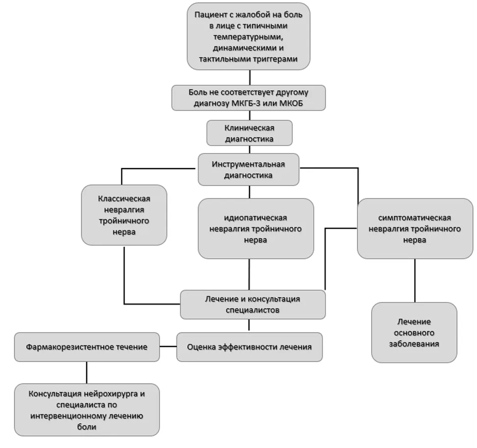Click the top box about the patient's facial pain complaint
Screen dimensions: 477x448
pos(249,36)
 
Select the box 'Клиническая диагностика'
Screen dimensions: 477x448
pos(250,133)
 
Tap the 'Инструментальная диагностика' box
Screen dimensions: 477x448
pos(249,170)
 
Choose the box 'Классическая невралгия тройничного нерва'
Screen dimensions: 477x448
pos(124,215)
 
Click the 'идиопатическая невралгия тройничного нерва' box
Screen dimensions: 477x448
pos(256,229)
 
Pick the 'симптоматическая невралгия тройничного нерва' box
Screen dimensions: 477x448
pos(415,229)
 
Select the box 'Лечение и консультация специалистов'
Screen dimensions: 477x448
pos(253,304)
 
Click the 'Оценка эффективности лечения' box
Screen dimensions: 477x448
pos(250,347)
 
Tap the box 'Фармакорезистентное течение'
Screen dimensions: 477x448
pos(87,347)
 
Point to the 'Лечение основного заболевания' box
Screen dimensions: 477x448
pos(414,332)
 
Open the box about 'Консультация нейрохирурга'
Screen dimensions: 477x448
pos(87,410)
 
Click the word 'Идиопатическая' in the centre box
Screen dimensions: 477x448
pos(255,218)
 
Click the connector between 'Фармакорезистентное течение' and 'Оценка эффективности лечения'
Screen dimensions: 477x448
pos(168,347)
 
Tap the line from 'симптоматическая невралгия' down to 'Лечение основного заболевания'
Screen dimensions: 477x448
pos(415,280)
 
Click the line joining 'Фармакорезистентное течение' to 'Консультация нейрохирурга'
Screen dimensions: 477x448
pos(87,373)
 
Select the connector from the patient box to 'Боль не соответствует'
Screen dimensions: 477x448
pos(250,77)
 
